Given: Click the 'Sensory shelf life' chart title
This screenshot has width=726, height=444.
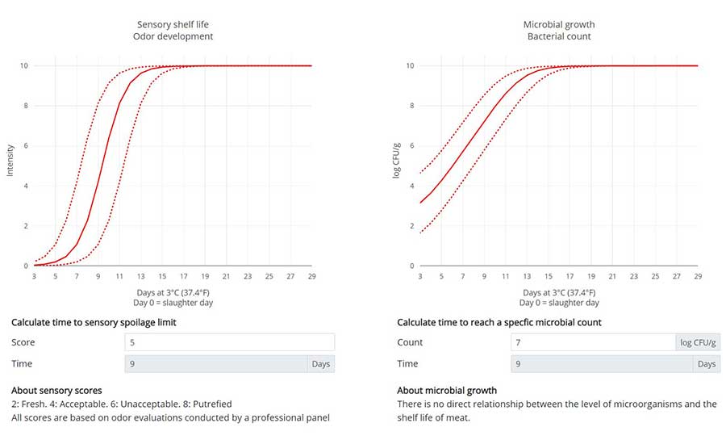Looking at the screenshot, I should tap(174, 24).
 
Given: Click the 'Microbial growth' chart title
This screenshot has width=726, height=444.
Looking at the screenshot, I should tap(558, 24).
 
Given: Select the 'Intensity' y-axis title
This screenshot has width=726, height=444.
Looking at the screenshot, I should tap(10, 161).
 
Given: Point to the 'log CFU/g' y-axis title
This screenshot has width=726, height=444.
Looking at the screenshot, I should tap(397, 160).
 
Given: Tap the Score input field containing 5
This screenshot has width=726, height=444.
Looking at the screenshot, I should tap(229, 342).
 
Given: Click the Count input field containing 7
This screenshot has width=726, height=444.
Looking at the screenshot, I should tap(593, 342).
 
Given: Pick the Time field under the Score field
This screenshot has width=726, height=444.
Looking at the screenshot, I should tap(215, 364).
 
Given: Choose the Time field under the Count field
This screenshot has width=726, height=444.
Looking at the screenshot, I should tap(603, 364).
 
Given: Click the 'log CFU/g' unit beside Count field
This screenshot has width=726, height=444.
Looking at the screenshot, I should tap(699, 342).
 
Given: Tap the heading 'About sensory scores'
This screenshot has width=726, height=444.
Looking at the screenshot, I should tap(56, 391).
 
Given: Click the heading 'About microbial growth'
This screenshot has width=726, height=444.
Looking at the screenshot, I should tap(447, 391).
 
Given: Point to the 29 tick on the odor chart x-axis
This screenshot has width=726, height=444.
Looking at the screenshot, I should tap(311, 276).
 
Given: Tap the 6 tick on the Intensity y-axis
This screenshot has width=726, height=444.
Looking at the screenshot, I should tap(25, 145).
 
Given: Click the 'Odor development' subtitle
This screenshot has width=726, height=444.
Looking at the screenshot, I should tap(174, 37).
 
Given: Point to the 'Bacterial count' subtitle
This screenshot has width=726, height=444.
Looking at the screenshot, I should tap(558, 37).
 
